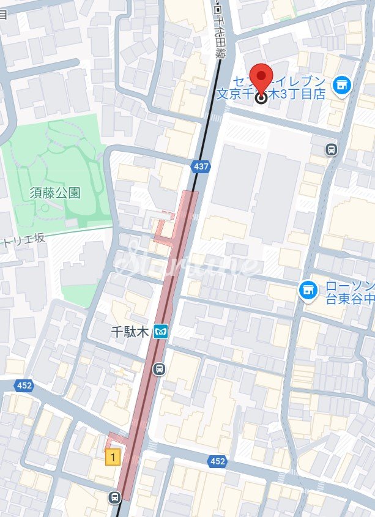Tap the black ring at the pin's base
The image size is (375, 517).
(262, 97)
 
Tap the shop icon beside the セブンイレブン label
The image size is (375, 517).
(341, 86)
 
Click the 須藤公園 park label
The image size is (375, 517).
(55, 193)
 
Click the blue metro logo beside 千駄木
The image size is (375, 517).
(162, 331)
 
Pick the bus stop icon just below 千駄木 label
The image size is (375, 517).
(159, 368)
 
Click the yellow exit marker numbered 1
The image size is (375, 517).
(112, 456)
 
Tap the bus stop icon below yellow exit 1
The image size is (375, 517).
(114, 497)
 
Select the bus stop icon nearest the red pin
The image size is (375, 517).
(332, 149)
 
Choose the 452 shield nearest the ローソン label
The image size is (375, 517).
(217, 461)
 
